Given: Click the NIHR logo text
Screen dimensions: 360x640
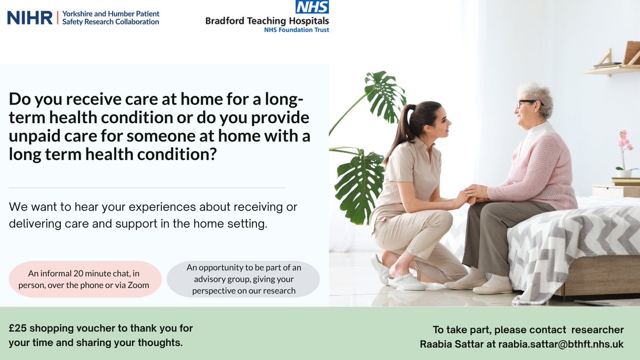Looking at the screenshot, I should point(29,18).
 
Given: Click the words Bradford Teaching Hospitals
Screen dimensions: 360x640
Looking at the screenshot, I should point(267,21).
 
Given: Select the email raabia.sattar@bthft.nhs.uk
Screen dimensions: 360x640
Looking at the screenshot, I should point(561,345).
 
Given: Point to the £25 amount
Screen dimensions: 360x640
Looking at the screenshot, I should point(19,329).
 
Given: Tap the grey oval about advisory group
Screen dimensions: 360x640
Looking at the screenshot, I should point(243,279).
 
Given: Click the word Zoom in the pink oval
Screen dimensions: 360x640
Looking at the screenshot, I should point(138,285).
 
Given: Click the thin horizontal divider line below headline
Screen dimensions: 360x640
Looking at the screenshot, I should point(147,188).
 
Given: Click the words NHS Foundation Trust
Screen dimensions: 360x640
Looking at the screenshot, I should point(296,30).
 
